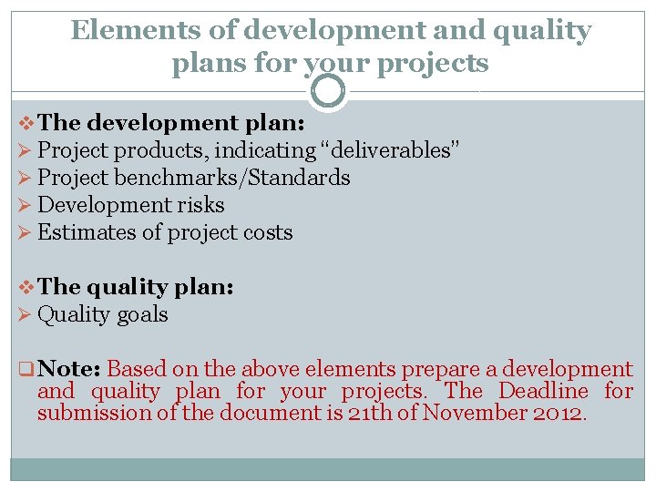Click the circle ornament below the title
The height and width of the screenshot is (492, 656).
[x=328, y=91]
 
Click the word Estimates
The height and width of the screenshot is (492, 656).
[x=87, y=232]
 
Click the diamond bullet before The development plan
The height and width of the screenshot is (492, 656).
[x=27, y=123]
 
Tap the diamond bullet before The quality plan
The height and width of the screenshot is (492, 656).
[x=27, y=287]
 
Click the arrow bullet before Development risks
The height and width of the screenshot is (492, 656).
[x=26, y=206]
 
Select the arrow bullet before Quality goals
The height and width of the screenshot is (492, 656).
[x=26, y=315]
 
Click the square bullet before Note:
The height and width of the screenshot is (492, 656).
[x=26, y=370]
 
